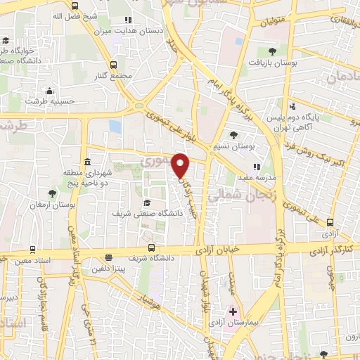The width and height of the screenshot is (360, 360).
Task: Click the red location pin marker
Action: click(181, 165)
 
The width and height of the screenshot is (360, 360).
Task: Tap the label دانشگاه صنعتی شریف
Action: click(146, 212)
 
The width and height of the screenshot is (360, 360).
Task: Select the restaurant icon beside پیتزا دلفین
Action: click(108, 257)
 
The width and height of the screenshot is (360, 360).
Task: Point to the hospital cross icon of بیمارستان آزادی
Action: click(233, 310)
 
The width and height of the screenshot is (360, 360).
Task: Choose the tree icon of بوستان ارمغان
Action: click(51, 193)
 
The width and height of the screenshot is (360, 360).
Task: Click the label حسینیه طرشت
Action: click(49, 101)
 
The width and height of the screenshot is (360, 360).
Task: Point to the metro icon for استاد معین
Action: click(32, 250)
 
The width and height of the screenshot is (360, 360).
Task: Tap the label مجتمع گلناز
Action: click(116, 76)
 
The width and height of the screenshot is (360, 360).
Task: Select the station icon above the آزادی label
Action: click(330, 221)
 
